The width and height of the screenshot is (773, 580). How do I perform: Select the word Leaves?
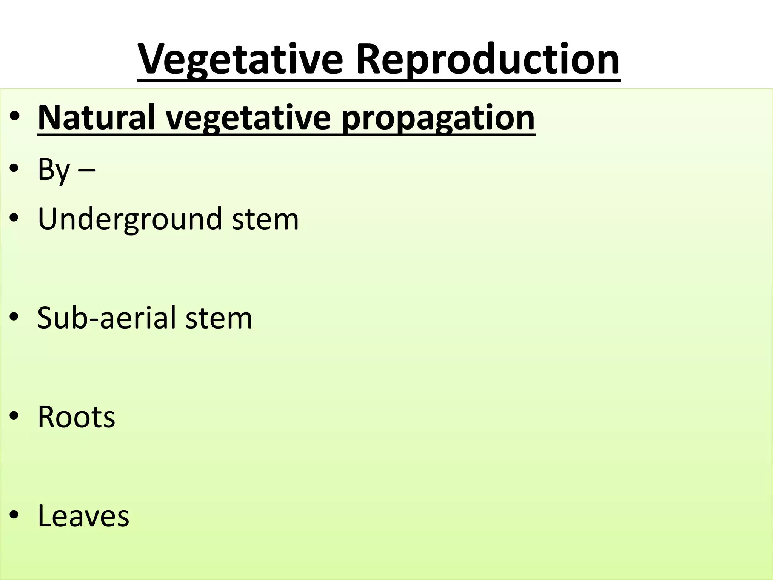(x=83, y=516)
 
